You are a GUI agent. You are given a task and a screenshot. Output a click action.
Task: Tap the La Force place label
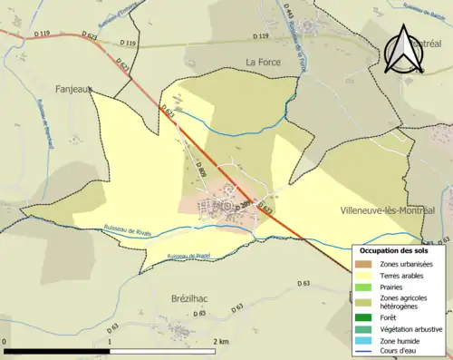pos(264,62)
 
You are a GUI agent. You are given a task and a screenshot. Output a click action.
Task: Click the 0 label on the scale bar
pos(5,341)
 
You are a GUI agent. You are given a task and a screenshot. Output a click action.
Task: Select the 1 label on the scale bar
pos(112,341)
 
